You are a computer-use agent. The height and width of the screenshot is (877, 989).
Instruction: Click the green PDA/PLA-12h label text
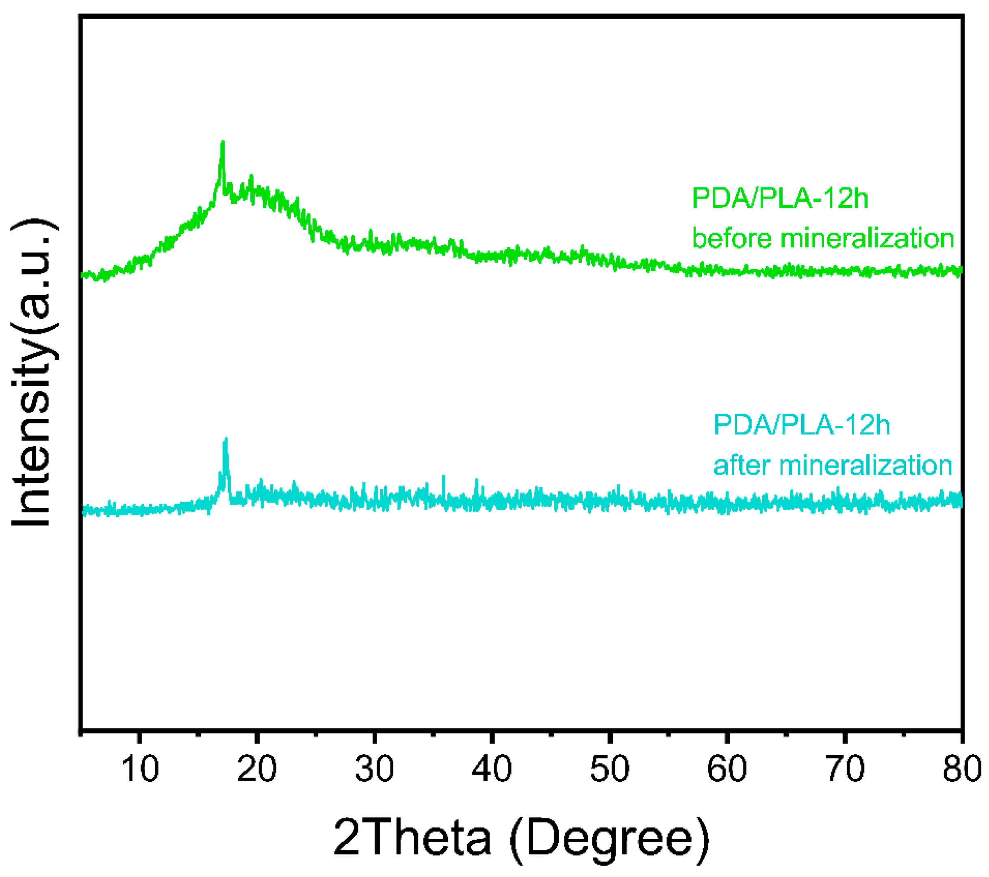[x=780, y=198]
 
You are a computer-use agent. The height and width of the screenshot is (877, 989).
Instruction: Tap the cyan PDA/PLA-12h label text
[x=801, y=425]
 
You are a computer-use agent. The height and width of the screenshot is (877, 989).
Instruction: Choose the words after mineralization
[x=833, y=465]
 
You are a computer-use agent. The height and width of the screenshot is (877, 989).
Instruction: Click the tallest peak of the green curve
[x=223, y=142]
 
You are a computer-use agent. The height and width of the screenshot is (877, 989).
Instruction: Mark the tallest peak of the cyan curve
[x=226, y=439]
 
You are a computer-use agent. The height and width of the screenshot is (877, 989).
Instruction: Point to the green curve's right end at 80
[x=961, y=271]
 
